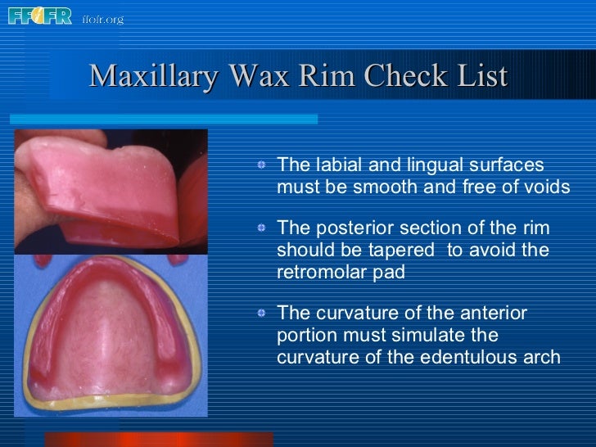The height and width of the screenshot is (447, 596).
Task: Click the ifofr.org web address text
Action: point(103,18)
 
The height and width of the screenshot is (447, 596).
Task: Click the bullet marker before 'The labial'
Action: point(260,165)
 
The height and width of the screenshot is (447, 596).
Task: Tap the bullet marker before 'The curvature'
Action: point(260,314)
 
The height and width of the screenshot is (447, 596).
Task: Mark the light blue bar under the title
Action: point(163,119)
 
